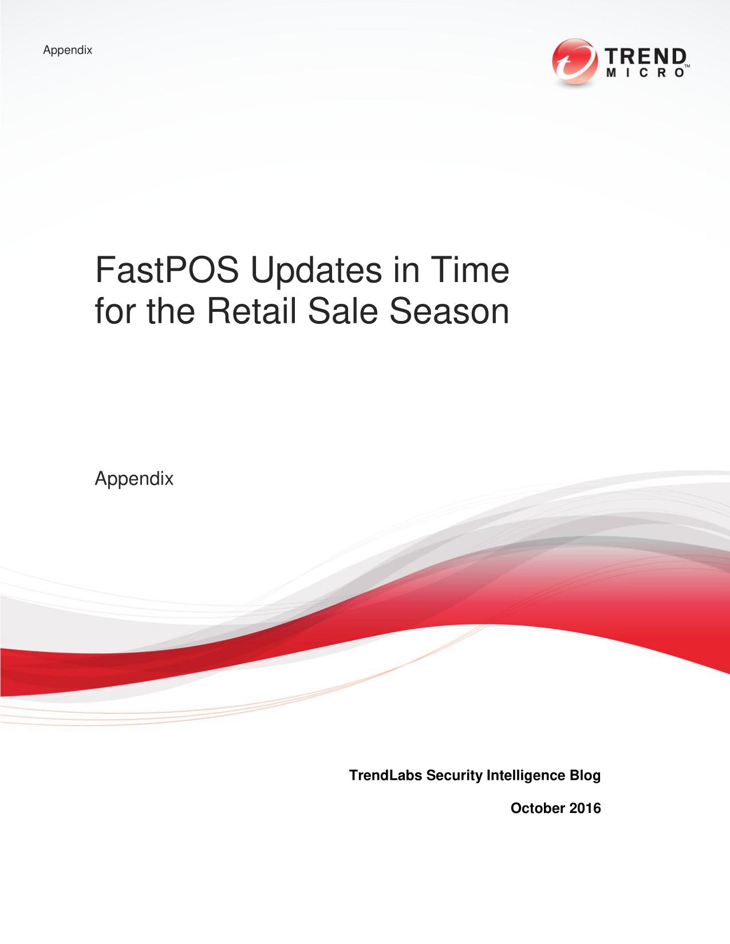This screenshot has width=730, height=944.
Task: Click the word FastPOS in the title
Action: coord(167,270)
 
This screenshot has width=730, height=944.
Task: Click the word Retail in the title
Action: coord(251,311)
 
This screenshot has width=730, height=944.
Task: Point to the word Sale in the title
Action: coord(342,311)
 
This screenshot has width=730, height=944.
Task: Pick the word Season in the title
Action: coord(449,311)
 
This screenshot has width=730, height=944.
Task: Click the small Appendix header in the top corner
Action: coord(68,50)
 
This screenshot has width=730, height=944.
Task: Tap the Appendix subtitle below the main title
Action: coord(134,479)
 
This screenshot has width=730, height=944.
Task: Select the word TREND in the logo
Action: coord(645,57)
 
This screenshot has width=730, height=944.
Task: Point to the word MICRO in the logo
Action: coord(645,73)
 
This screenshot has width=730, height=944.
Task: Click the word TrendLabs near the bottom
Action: coord(385,775)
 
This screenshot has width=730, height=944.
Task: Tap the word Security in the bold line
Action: coord(455,776)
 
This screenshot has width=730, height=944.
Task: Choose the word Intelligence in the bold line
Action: coord(526,776)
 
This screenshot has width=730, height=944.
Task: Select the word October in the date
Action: coord(538,808)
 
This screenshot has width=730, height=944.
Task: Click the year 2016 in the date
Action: coord(585,808)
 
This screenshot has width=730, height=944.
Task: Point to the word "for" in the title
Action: coord(115,311)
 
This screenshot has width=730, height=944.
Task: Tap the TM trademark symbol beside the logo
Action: coord(688,66)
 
